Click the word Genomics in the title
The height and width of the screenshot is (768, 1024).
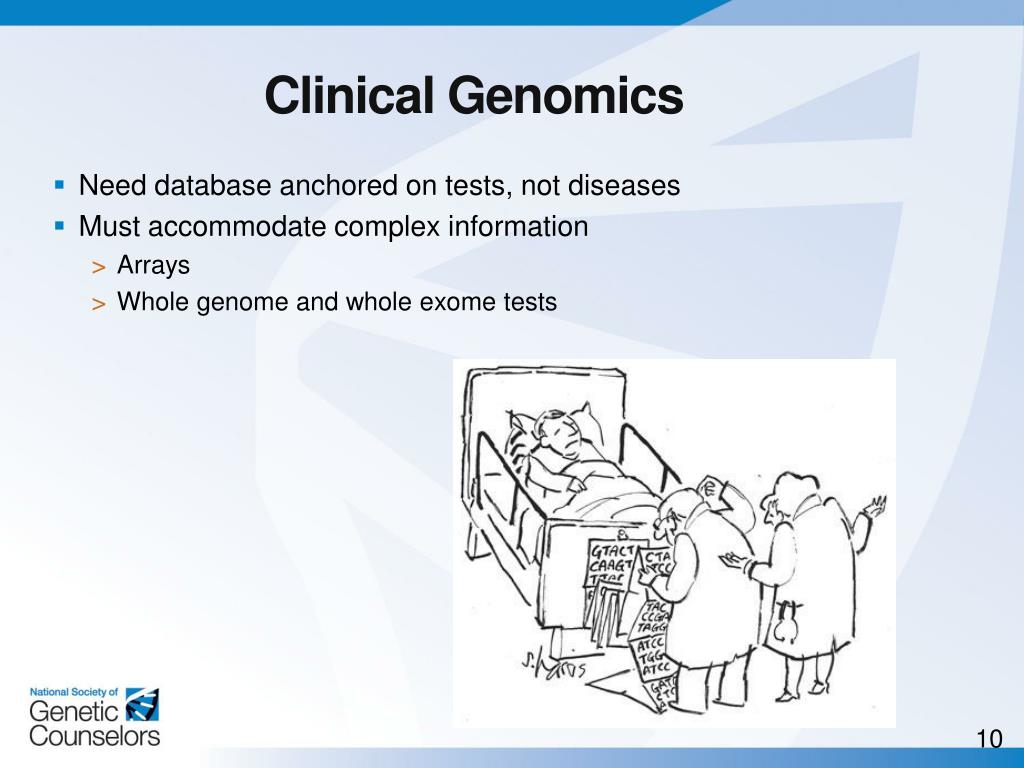565,97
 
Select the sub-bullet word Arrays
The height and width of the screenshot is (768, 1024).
153,266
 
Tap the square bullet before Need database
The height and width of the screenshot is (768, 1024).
60,185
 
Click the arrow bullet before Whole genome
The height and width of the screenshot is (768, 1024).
98,303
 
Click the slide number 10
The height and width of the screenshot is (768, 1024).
988,740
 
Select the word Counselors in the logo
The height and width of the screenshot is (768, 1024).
94,736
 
